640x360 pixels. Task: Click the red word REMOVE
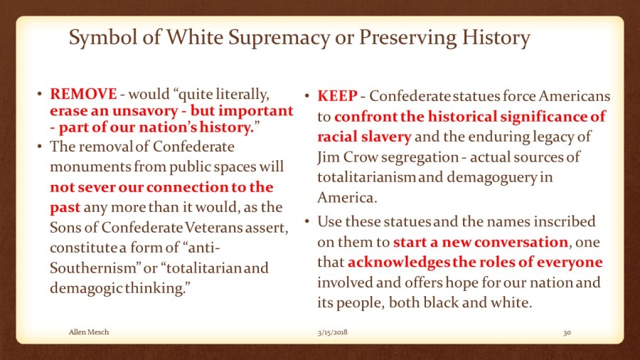tap(83, 95)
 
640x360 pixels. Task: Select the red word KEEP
tap(338, 96)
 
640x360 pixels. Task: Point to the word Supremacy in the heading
tap(279, 38)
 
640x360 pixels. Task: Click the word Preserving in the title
tap(407, 38)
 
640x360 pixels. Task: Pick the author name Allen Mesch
tap(89, 332)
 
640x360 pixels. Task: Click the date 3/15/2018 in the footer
tap(333, 332)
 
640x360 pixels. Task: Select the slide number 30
tap(567, 332)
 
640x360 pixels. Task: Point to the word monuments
tap(90, 167)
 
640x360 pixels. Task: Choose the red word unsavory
tap(145, 111)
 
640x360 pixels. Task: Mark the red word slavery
tap(388, 137)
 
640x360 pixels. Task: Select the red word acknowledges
tap(398, 263)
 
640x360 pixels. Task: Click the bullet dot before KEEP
tap(307, 96)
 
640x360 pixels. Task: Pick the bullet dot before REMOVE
tap(39, 95)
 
